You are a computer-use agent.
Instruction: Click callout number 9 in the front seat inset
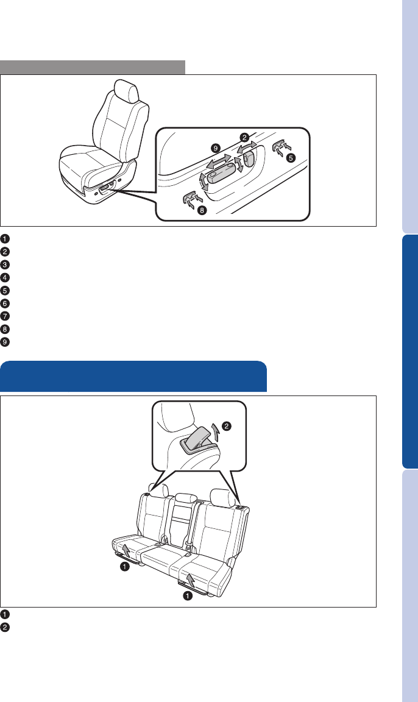click(x=216, y=147)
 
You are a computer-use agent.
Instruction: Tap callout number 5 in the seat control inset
click(x=291, y=158)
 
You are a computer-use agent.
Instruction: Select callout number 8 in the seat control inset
click(x=202, y=210)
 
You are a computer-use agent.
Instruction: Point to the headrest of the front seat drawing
click(x=126, y=90)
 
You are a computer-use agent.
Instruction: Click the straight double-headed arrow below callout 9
click(x=219, y=161)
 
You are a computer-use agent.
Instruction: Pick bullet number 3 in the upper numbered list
click(x=4, y=264)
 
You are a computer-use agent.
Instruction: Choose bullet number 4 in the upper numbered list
click(x=4, y=278)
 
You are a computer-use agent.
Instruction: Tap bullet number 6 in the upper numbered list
click(x=4, y=303)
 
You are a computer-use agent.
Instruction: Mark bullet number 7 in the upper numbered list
click(x=4, y=316)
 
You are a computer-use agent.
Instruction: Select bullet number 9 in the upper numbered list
click(x=4, y=342)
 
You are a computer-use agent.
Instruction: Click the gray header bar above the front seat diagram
click(x=93, y=67)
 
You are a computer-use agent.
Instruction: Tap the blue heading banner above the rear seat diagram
click(x=133, y=376)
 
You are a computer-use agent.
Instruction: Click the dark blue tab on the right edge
click(x=410, y=351)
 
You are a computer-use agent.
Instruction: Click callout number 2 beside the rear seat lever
click(x=227, y=426)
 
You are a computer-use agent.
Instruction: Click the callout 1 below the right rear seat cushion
click(x=188, y=596)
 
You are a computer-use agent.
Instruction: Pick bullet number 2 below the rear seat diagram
click(x=4, y=627)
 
